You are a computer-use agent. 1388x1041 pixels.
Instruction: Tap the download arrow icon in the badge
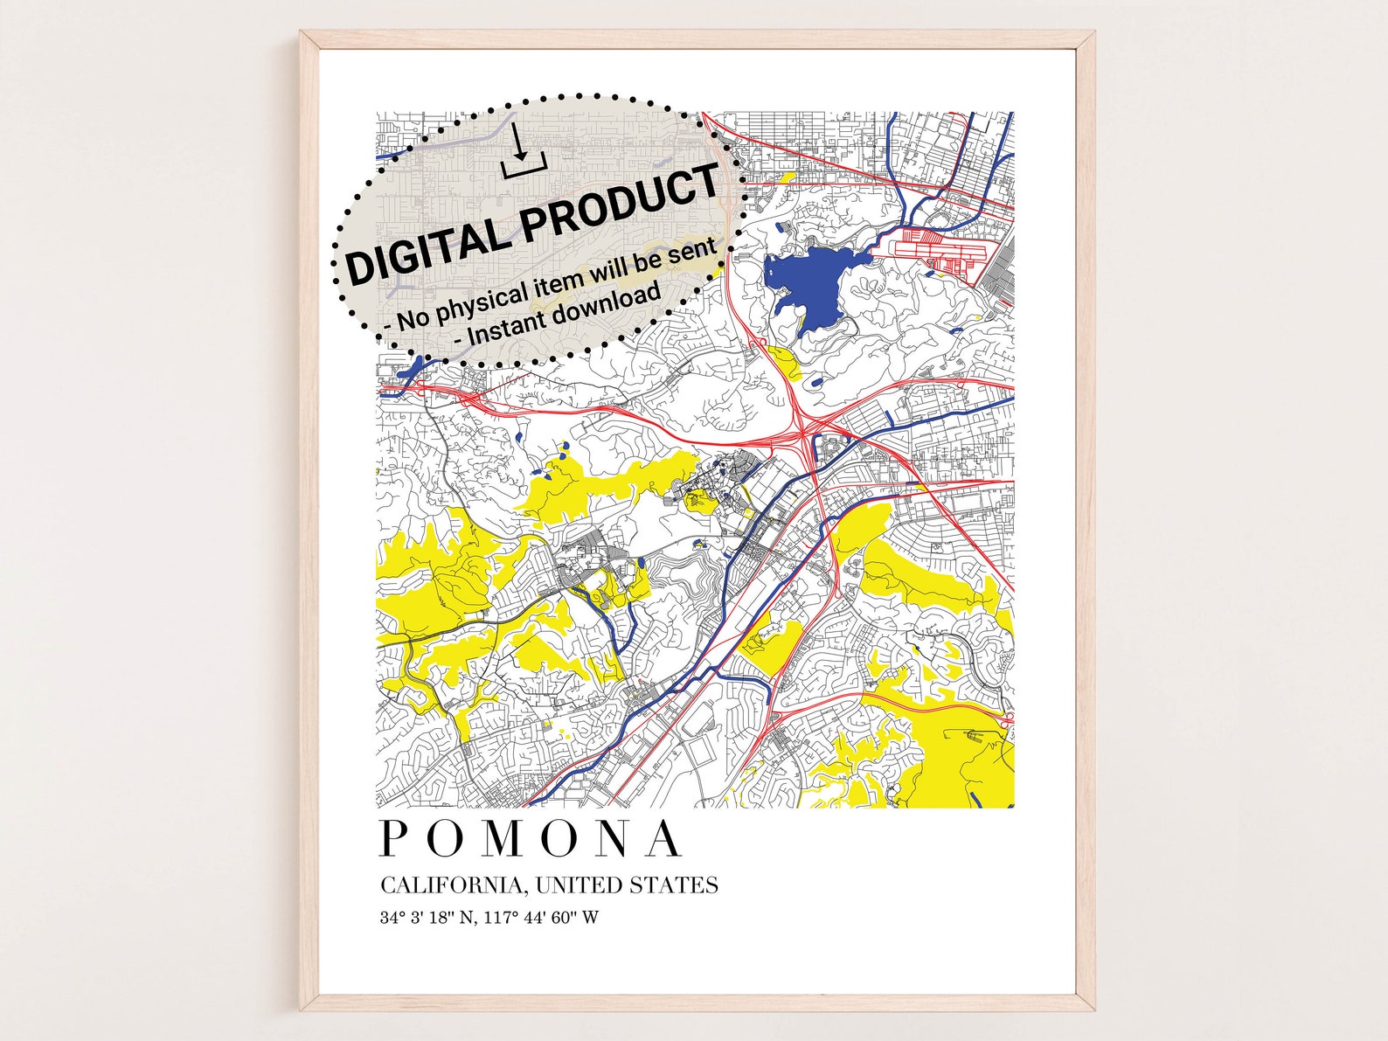coord(523,152)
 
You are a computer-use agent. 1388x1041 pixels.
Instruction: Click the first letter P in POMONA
coord(394,840)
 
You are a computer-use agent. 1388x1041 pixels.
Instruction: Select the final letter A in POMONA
coord(665,840)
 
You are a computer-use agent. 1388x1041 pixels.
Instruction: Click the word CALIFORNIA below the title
coord(452,885)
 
